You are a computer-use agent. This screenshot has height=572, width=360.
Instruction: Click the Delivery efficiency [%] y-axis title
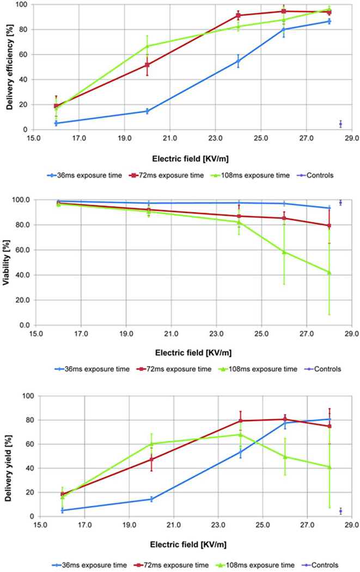(9, 66)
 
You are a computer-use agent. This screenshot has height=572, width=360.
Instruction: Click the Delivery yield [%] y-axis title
(9, 455)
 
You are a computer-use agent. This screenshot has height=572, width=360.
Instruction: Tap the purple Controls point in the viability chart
(340, 203)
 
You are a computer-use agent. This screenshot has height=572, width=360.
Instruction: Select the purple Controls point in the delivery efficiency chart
(340, 124)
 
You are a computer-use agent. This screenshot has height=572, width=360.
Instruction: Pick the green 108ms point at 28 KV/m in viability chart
(329, 272)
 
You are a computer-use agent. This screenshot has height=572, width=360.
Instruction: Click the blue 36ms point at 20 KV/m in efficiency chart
(147, 111)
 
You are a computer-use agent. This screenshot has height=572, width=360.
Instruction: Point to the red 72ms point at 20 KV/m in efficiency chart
(147, 65)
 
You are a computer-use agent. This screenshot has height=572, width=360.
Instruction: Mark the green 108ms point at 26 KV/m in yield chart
(284, 457)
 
